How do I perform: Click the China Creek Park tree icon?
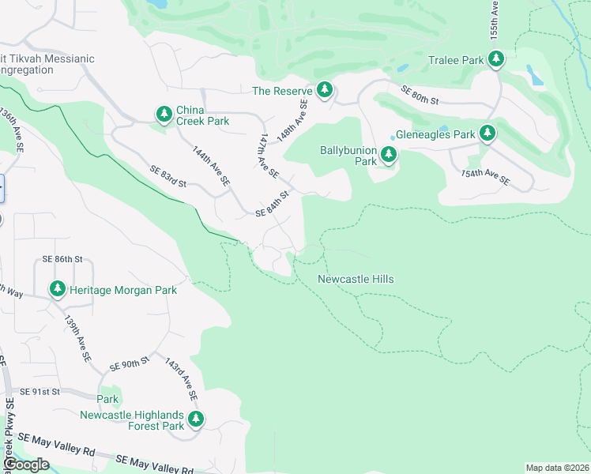(x=164, y=115)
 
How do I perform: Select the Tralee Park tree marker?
(x=496, y=59)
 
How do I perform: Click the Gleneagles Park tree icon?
(x=487, y=134)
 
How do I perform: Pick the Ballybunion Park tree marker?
(x=388, y=155)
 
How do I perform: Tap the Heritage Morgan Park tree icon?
(x=57, y=290)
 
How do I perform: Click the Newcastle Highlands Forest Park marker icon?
(x=195, y=419)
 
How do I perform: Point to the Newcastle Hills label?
(x=356, y=279)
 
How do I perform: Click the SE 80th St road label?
(x=420, y=96)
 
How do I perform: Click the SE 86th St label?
(x=62, y=259)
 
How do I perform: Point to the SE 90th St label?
(x=130, y=365)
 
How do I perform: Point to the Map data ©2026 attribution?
(x=557, y=468)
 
